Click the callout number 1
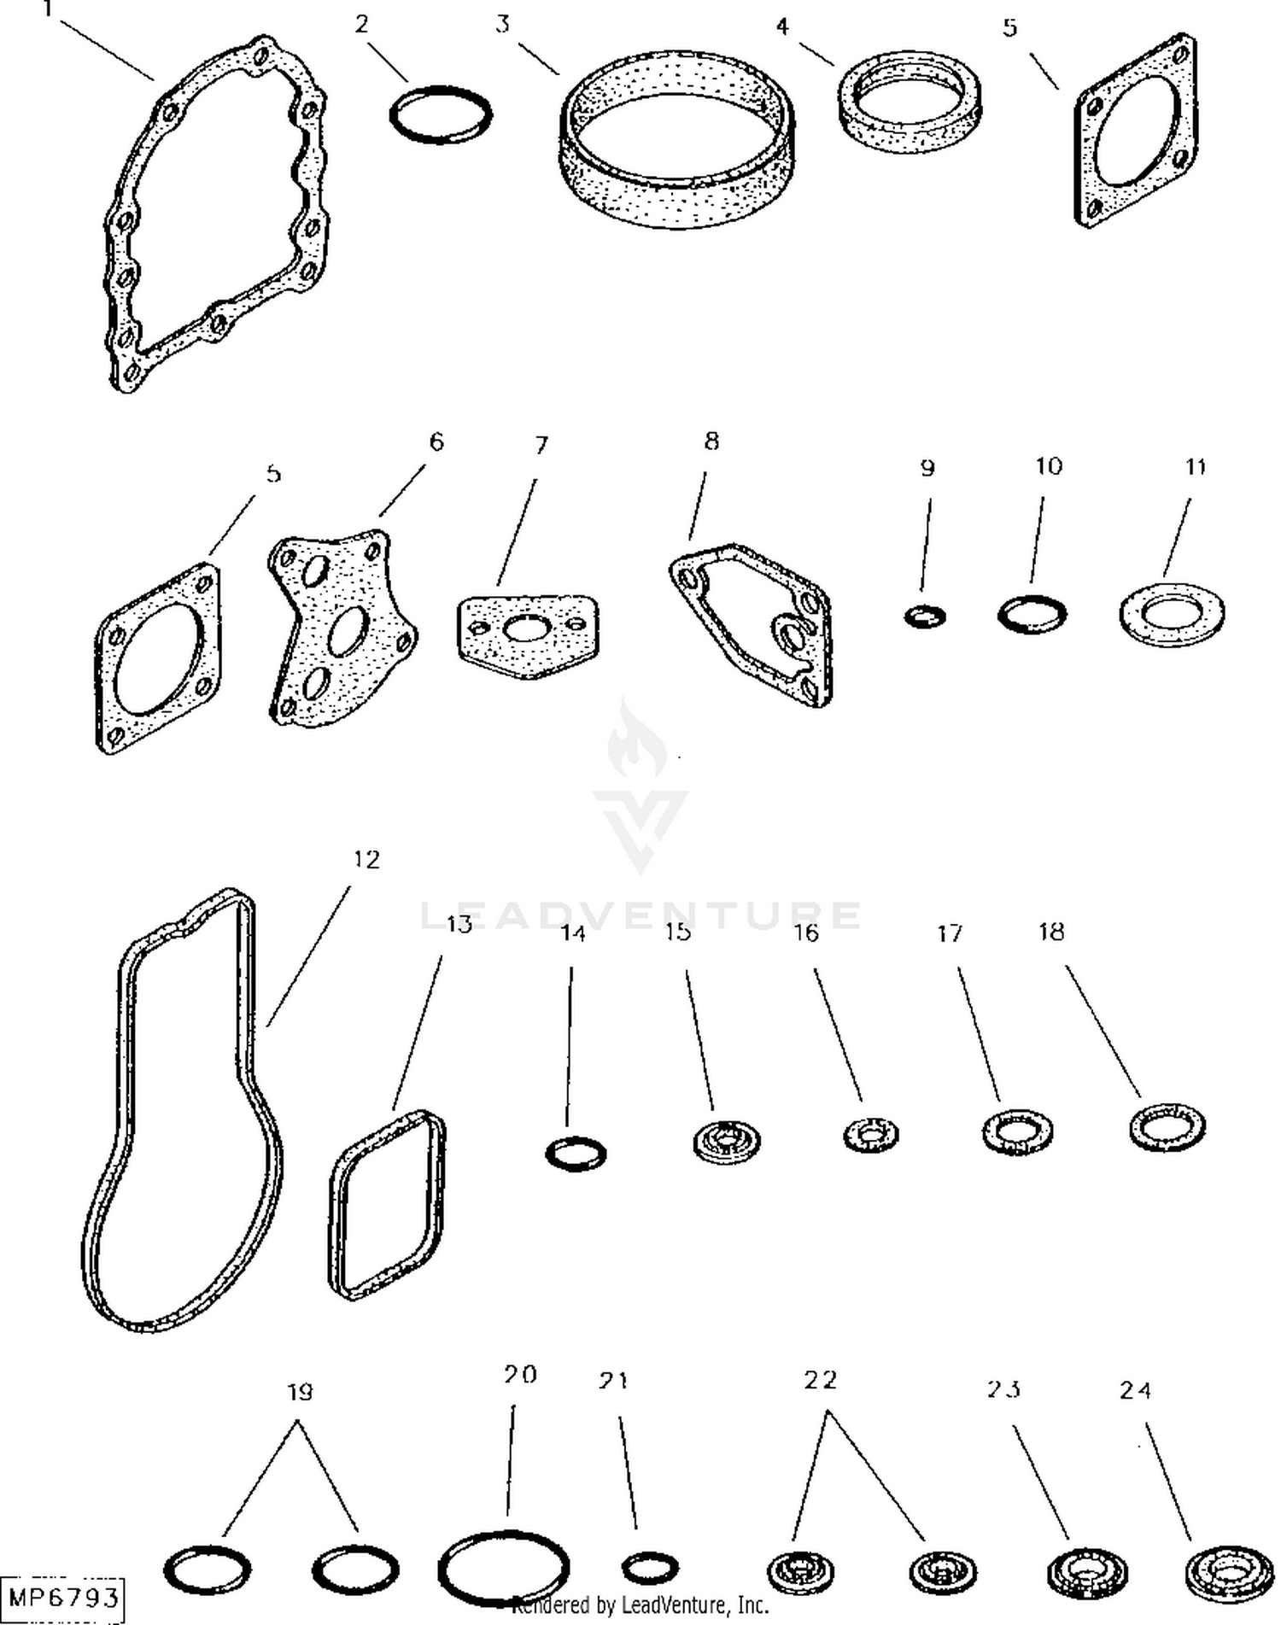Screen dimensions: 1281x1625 tap(48, 10)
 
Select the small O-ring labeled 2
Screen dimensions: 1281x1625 tap(442, 89)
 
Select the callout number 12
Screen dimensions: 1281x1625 tap(366, 859)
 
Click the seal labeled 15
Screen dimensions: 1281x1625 tap(726, 1141)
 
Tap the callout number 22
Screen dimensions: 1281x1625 tap(821, 1381)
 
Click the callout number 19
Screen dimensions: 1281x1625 tap(299, 1393)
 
